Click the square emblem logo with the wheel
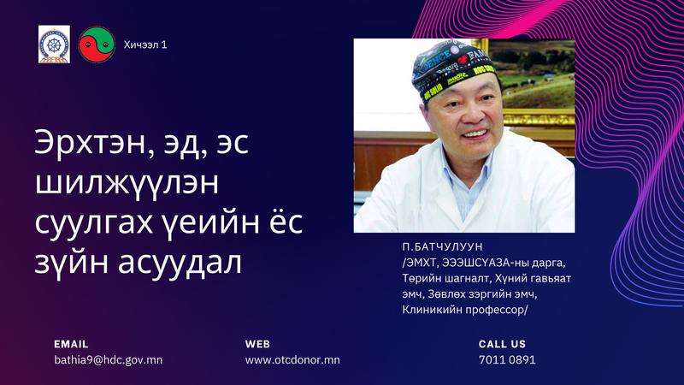(x=54, y=44)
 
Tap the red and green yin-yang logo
(x=97, y=44)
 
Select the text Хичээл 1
(x=145, y=44)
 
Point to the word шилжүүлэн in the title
(x=127, y=182)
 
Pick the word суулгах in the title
(x=94, y=223)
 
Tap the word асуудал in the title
(x=180, y=263)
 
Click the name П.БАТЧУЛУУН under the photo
(x=442, y=246)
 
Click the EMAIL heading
(x=71, y=344)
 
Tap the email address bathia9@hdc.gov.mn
(x=109, y=359)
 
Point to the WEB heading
(x=257, y=344)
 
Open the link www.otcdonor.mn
(x=292, y=359)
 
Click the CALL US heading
(x=502, y=344)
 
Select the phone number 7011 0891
(x=507, y=359)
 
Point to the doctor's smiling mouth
(x=475, y=134)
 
